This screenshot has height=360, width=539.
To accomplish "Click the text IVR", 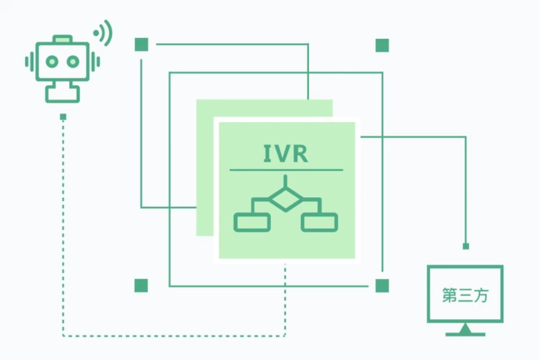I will pos(286,153).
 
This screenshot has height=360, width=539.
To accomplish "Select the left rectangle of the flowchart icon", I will pos(252,223).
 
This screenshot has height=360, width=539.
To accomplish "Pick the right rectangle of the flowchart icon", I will pos(319,223).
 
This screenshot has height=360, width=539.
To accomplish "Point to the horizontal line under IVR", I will pos(286,170).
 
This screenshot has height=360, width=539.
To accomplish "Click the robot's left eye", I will pos(50,61).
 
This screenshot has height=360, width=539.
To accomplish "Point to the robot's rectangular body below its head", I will pos(63,92).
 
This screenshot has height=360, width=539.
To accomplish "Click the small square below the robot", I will pos(63,116).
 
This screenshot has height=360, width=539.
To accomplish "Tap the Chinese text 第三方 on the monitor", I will pos(465,295).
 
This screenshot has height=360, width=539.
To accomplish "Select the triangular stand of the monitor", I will pos(465,329).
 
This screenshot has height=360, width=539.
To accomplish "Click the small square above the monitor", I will pos(466,246).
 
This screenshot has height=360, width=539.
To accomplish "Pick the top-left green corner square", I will pos(141,45).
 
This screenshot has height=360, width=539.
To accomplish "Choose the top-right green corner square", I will pos(382,45).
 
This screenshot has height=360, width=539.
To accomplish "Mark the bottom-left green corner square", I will pos(141,285).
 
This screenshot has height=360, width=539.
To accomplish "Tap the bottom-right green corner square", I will pos(382,285).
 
